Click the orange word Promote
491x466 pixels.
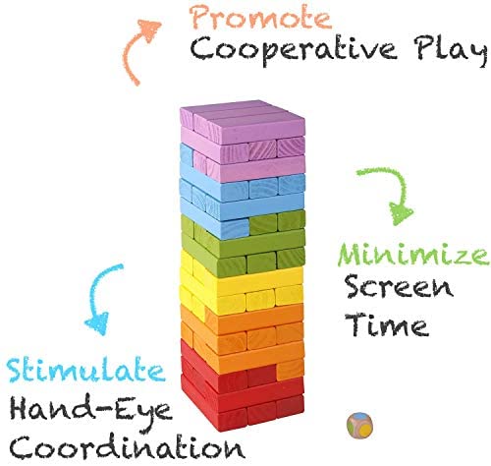point(261,17)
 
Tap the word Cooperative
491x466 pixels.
point(294,50)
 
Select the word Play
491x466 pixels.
point(451,51)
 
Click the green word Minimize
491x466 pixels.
point(413,255)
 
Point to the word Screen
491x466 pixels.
point(400,287)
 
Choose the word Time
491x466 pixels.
point(387,324)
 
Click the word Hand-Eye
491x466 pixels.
point(91,411)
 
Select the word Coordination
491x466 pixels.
point(127,446)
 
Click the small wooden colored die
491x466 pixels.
point(359,426)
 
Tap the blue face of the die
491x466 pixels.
point(360,417)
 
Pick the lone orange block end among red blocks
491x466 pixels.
point(291,370)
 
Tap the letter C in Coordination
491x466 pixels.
point(22,447)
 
